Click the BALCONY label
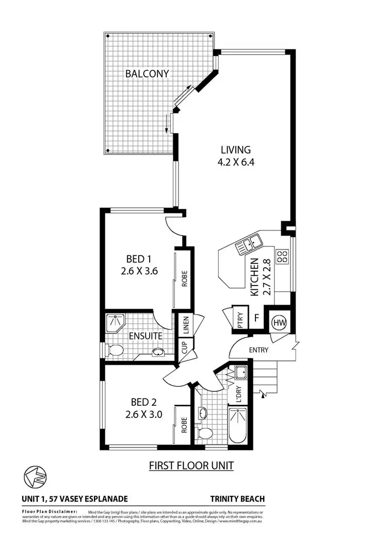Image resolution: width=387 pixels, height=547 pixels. (147, 74)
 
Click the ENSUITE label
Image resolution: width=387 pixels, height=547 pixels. (146, 336)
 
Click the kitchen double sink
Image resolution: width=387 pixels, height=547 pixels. (248, 244)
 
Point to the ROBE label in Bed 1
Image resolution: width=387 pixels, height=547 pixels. (184, 279)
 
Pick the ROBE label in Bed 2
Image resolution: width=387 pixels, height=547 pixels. (184, 423)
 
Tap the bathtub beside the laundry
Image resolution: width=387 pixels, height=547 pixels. (238, 425)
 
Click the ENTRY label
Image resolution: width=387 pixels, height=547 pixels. (259, 350)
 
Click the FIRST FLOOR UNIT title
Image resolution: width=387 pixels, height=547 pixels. (191, 466)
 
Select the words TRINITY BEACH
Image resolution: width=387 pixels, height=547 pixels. (237, 499)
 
